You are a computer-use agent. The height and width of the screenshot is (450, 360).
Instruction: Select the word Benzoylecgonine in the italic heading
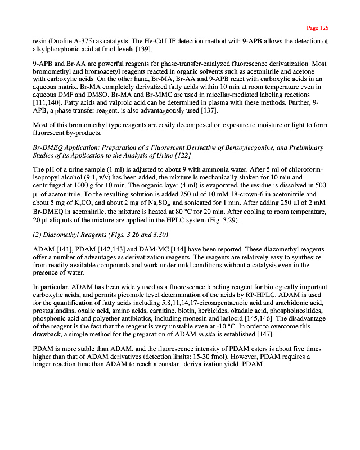click(233, 147)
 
